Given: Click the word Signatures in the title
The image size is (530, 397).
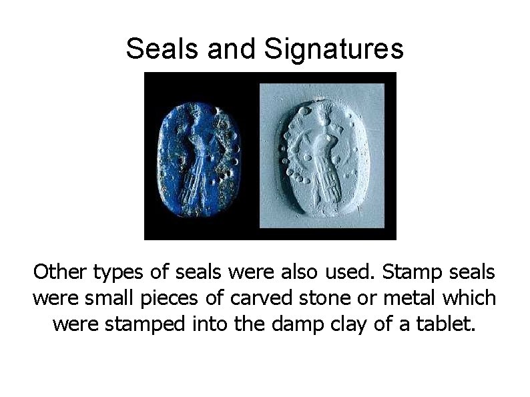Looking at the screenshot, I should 334,48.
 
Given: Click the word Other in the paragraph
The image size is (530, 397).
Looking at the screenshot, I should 61,272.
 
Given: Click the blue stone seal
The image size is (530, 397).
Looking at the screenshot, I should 198,156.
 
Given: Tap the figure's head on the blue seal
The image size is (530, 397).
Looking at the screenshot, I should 194,117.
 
